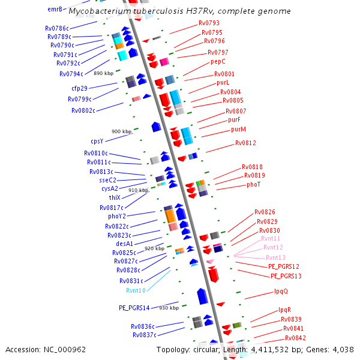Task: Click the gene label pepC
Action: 218,61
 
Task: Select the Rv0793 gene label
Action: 209,23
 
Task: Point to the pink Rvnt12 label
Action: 273,247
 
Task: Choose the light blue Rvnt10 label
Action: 136,290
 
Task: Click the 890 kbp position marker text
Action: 104,73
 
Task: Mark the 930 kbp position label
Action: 169,308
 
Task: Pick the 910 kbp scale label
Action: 138,190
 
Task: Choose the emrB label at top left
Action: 55,9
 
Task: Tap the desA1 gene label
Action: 124,244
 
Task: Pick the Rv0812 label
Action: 245,143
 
